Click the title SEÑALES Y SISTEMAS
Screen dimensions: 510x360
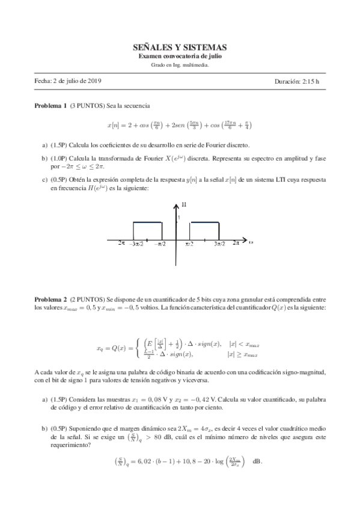180,47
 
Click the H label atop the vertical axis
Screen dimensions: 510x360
184,205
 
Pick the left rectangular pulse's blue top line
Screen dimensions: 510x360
147,222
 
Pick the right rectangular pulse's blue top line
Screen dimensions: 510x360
204,222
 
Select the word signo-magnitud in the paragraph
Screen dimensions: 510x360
299,372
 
